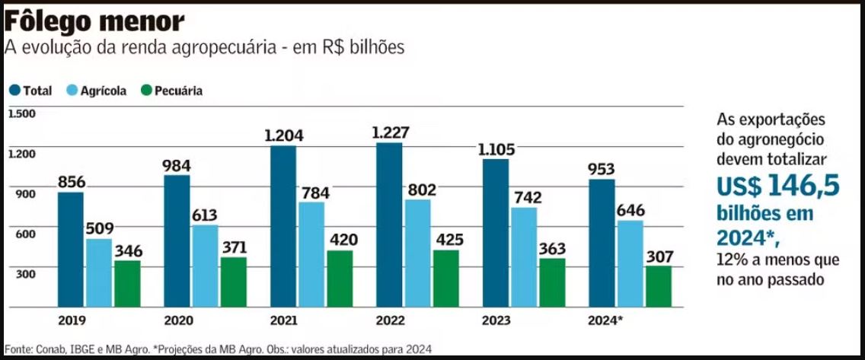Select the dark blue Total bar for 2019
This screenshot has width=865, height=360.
click(71, 251)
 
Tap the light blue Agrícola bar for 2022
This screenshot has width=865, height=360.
click(418, 256)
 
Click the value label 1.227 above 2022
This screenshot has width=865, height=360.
click(391, 132)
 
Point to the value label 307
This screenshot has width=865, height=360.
click(659, 257)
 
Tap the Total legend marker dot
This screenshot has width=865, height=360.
click(14, 91)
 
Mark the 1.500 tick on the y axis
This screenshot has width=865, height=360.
click(22, 113)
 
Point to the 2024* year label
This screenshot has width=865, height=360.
click(605, 320)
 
